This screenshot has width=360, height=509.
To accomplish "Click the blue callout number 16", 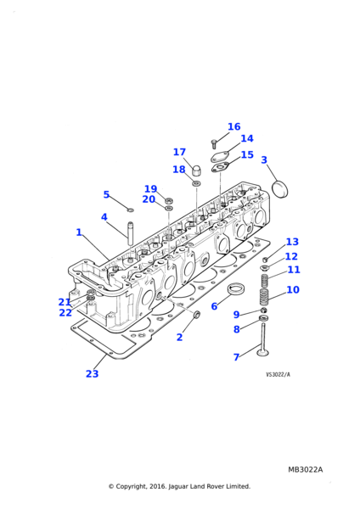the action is click(x=234, y=126).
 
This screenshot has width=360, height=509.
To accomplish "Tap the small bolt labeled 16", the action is click(x=214, y=144).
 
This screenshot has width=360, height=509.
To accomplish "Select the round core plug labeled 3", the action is click(x=279, y=189).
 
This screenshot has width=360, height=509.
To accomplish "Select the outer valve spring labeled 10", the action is click(x=264, y=297).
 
